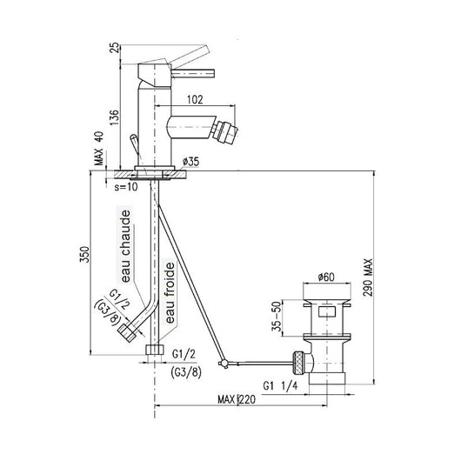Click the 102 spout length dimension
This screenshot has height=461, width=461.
[195, 100]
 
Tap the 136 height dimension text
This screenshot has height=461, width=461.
[115, 117]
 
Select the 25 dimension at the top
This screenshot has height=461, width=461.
[115, 48]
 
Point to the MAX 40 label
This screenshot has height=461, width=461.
[99, 148]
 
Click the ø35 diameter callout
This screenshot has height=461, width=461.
[190, 162]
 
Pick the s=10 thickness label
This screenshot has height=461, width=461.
[126, 187]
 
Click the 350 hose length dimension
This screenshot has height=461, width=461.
[84, 255]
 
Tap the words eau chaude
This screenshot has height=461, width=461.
[126, 246]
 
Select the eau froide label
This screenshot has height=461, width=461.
[170, 293]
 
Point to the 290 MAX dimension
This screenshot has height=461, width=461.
[368, 277]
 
